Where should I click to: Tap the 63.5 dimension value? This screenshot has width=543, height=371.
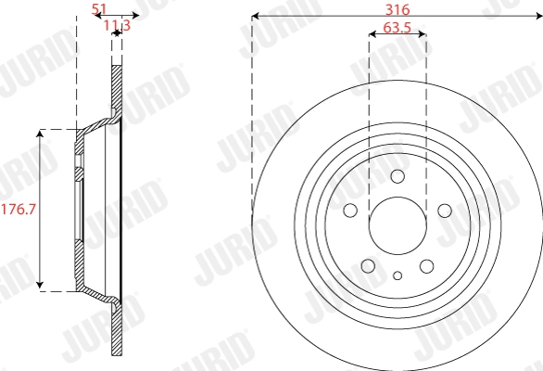397,28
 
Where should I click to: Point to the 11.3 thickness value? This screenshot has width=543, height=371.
116,25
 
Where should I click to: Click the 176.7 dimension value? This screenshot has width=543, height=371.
18,210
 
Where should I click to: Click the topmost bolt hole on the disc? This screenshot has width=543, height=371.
398,178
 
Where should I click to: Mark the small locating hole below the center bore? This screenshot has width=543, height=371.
398,275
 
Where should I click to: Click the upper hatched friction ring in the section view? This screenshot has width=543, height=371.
117,88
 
